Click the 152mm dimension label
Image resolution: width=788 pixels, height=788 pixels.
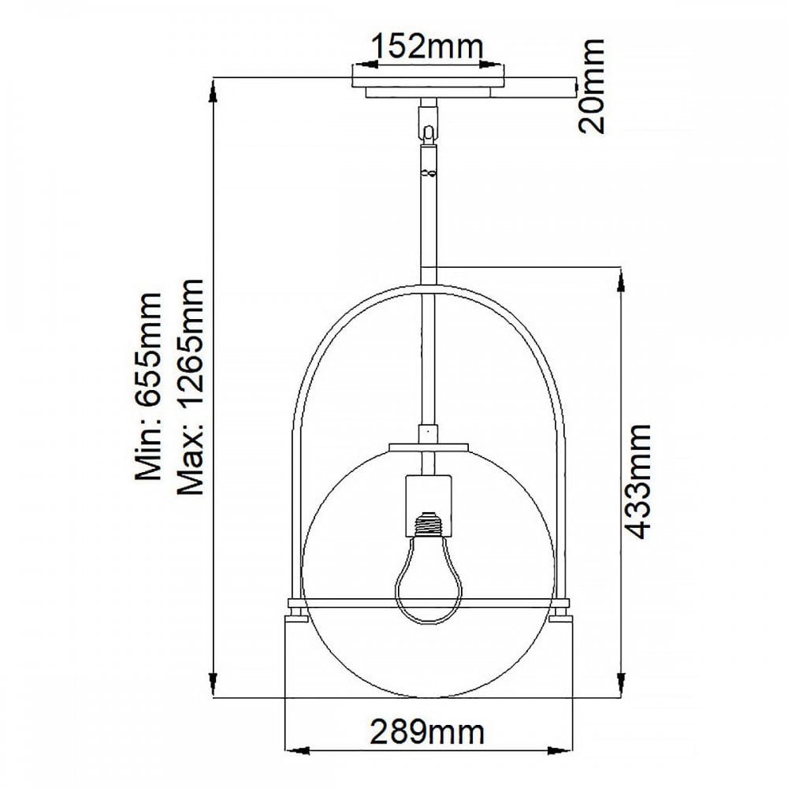pyautogui.click(x=426, y=46)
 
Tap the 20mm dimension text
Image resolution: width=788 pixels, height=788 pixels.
pyautogui.click(x=591, y=86)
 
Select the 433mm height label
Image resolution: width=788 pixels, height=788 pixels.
pyautogui.click(x=637, y=481)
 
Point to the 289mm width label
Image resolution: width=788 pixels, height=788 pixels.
pyautogui.click(x=427, y=732)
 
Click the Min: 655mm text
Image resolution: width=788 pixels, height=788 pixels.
pyautogui.click(x=149, y=386)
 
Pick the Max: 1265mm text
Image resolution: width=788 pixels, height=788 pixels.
pyautogui.click(x=191, y=387)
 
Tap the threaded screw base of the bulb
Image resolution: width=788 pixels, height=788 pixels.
pyautogui.click(x=428, y=524)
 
